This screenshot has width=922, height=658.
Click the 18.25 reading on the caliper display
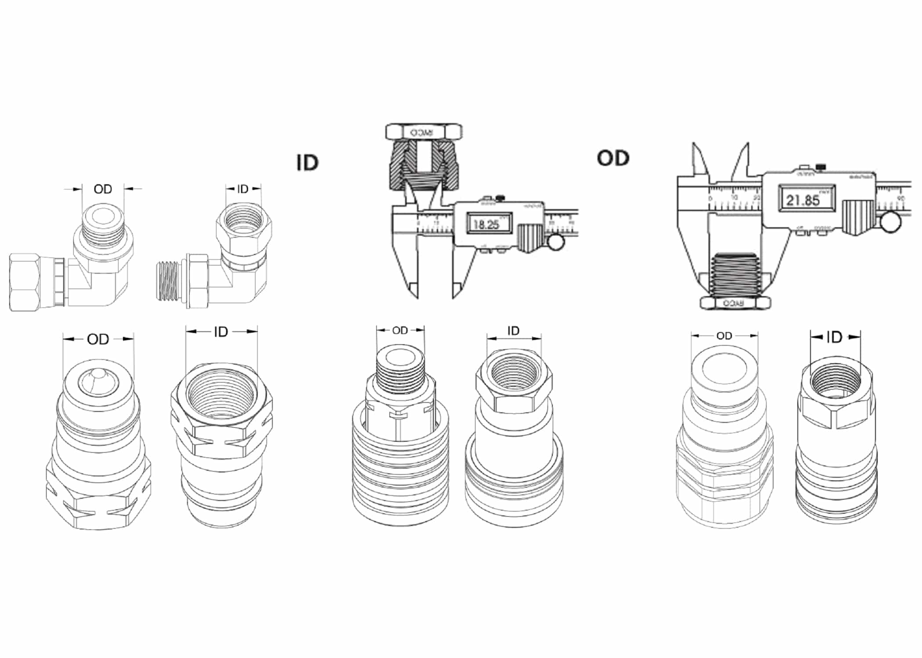(x=486, y=225)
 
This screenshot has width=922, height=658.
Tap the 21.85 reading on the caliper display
(x=803, y=200)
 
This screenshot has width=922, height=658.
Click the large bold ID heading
(x=307, y=163)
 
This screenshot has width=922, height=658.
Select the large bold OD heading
(x=613, y=158)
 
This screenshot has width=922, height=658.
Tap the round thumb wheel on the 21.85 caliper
(x=890, y=222)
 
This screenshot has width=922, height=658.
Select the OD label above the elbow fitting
(x=103, y=189)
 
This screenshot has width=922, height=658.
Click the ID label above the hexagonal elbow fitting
(x=243, y=189)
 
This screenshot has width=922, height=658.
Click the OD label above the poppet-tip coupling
(x=98, y=339)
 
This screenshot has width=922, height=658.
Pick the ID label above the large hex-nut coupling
(x=221, y=332)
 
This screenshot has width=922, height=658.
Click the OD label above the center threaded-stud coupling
(x=400, y=330)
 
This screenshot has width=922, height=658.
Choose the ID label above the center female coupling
(x=513, y=331)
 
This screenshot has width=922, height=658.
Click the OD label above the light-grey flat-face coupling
(x=724, y=336)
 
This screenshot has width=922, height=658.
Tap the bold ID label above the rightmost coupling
(x=834, y=337)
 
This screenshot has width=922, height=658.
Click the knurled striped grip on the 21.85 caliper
(x=858, y=217)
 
